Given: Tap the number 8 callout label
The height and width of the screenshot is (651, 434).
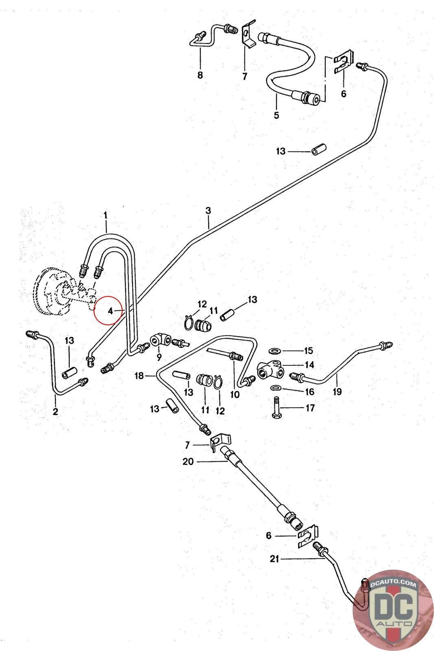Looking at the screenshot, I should click(200, 75).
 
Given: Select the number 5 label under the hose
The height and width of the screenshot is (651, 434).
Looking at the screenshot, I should click(277, 115).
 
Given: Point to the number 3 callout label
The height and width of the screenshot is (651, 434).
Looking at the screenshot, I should click(208, 211).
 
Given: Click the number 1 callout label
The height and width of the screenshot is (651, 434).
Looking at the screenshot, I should click(106, 214).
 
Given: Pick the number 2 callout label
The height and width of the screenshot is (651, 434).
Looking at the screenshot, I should click(55, 411).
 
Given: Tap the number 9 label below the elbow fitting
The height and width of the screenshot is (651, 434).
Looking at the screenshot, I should click(159, 357).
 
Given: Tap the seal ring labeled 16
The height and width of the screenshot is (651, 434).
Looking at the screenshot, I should click(276, 387).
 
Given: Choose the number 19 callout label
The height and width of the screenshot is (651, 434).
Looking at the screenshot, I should click(337, 392).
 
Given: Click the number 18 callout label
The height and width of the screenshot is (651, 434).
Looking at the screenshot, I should click(140, 376).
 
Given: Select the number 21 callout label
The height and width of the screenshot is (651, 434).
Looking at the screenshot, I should click(275, 559).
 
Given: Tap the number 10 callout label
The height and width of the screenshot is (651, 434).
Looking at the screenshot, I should click(235, 394).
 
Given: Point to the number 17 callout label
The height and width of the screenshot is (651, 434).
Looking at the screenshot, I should click(310, 408).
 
